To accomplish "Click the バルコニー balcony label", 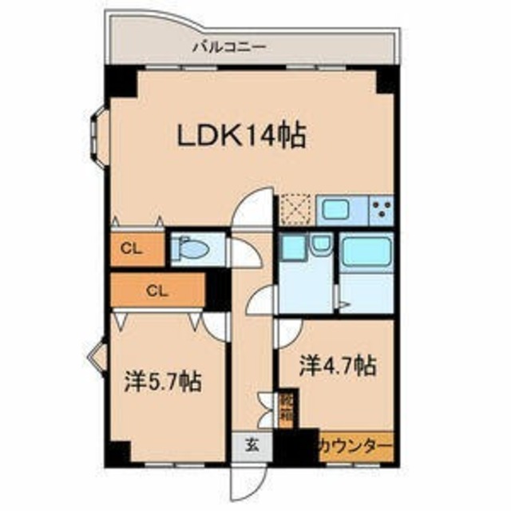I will [229, 46].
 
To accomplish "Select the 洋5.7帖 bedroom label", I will [162, 382].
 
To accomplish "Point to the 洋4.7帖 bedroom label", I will [338, 366].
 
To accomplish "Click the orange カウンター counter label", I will [355, 444].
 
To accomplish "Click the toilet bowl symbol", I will [192, 250].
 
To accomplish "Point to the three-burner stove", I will [381, 211].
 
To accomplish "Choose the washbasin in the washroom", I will [322, 248].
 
